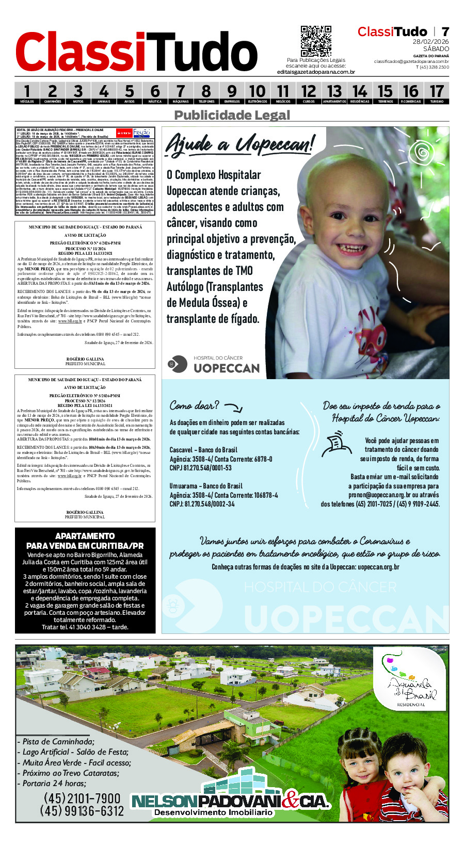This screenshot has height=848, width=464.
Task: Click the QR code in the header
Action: pos(315,41)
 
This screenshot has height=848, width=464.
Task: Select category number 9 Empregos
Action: pos(232,93)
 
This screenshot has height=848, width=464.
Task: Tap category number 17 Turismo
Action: pos(436,93)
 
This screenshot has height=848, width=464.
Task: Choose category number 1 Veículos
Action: pos(27,93)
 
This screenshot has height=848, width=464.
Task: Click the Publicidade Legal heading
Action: pos(232,115)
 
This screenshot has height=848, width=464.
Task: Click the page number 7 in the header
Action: pos(445,32)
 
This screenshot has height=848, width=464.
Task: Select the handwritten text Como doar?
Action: pos(194,406)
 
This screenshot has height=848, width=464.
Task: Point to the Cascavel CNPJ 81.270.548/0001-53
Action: pos(201,468)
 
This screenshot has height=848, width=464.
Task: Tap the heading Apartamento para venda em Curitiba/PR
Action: pos(85,541)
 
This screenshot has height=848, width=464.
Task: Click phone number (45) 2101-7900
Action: pos(82,798)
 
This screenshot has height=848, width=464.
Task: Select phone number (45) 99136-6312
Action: pos(82,811)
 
